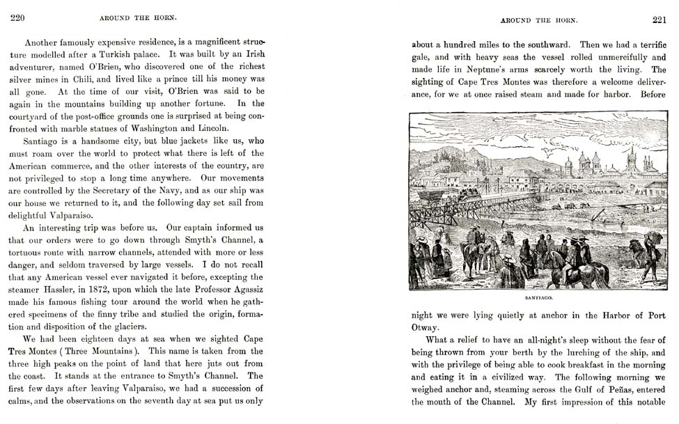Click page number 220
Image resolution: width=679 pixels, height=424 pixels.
click(x=18, y=19)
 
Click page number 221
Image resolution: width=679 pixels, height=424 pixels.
click(x=659, y=19)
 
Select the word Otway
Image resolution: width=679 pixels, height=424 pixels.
click(x=426, y=327)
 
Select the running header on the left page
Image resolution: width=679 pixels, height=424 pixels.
click(x=137, y=19)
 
